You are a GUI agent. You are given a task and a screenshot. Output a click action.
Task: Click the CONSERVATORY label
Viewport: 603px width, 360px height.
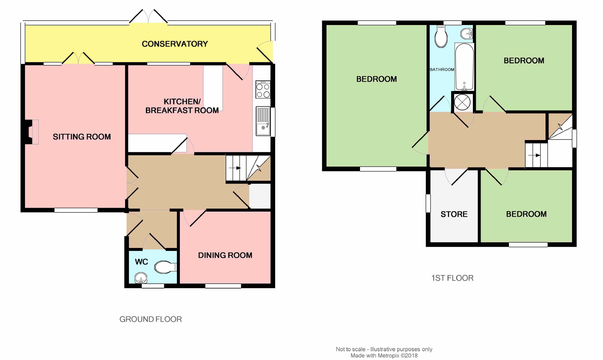[175, 44]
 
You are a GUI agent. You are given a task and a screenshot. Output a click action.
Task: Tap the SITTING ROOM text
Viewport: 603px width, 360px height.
[82, 137]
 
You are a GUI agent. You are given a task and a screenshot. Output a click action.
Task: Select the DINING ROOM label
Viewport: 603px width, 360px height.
[225, 255]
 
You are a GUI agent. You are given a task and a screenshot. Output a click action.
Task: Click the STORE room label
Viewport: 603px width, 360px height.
[454, 214]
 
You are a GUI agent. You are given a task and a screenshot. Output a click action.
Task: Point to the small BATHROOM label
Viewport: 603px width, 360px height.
[442, 69]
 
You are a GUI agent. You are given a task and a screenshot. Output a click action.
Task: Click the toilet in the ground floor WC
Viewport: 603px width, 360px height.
[165, 267]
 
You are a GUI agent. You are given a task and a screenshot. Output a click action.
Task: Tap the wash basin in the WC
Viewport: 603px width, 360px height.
[141, 278]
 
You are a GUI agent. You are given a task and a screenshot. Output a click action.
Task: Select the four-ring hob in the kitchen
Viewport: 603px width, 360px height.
[263, 89]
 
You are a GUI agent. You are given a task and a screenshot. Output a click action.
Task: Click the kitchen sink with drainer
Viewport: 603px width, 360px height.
[263, 121]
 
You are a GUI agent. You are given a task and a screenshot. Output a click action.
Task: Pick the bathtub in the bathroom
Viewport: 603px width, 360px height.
[465, 67]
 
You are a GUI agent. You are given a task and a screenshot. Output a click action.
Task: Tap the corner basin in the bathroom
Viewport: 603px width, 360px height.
[467, 34]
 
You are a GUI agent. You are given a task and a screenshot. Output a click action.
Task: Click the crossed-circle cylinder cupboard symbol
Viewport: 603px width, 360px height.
[462, 102]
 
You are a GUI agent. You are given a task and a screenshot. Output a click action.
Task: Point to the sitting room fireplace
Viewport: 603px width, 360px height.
[30, 132]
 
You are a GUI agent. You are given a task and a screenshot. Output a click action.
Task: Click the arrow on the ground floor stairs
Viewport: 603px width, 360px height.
[235, 168]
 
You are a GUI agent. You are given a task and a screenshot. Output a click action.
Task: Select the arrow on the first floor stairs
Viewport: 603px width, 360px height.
[534, 155]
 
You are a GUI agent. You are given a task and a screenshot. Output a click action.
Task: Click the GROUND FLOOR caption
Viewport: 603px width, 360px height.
[151, 319]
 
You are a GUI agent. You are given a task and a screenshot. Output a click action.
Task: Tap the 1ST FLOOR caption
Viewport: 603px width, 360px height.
[452, 278]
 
